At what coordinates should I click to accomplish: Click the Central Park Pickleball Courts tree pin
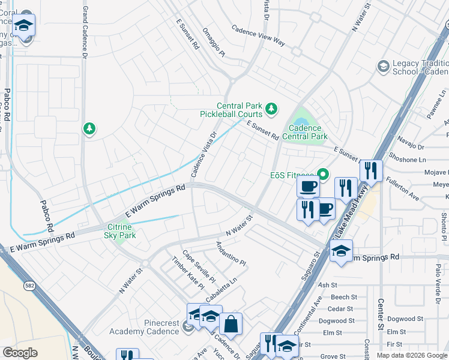coord(272,109)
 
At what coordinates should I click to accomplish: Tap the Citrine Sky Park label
coord(121,231)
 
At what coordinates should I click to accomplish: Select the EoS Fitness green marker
coord(324,175)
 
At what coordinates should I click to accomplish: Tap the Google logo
coord(20,353)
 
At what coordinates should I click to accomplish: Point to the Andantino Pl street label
coord(231,254)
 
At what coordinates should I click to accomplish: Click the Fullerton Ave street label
coord(402,188)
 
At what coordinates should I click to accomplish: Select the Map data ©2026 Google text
coord(411,355)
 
